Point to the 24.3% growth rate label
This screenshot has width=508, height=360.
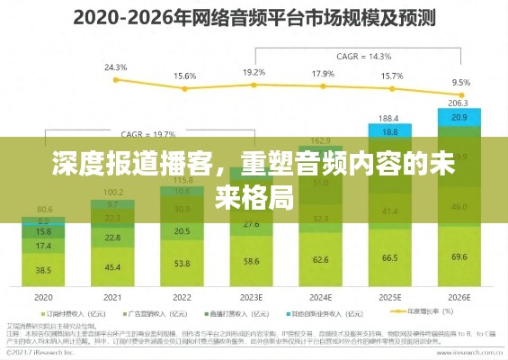click(x=115, y=67)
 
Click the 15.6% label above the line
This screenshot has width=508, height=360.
click(x=184, y=76)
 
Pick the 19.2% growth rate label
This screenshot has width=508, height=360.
click(x=254, y=72)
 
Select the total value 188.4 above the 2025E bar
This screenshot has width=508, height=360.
click(x=389, y=118)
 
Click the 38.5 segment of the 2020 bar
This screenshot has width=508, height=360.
click(x=44, y=269)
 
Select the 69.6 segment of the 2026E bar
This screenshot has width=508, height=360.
click(x=459, y=257)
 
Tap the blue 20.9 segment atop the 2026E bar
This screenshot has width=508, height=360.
click(x=459, y=118)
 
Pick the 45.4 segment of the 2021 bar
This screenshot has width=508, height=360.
click(x=113, y=266)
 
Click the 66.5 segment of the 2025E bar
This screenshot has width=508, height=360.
click(x=389, y=258)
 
